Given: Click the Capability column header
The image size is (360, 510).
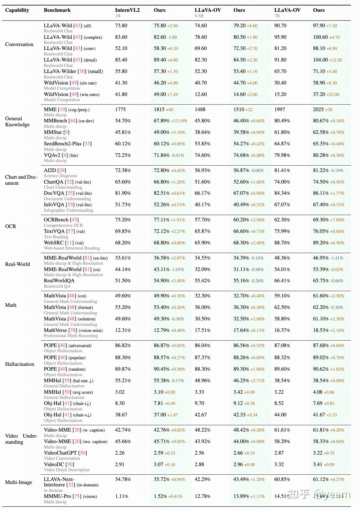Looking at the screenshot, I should pos(17,10).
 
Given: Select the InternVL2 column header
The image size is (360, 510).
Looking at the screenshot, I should pos(127,10).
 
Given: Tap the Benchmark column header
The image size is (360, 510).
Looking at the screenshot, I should pos(57,10).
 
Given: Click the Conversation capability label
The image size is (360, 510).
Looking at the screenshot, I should pos(19,44).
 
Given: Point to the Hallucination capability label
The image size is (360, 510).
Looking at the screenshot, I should pos(20,364).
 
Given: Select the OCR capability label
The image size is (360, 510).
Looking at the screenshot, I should pos(11,226).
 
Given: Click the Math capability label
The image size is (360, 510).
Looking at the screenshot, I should pos(11,305).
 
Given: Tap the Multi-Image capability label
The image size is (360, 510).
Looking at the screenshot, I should pos(18,482).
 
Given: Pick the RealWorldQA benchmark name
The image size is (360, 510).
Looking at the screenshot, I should pos(59,280).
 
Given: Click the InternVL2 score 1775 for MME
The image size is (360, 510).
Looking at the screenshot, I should pos(120,109).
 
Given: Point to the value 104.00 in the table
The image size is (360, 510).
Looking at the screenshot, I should pos(320,60).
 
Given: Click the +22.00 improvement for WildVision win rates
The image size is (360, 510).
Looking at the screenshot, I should pos(333,94).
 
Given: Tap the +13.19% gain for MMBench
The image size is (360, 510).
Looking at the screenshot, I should pos(179,121).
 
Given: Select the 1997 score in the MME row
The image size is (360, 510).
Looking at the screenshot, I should pos(279,109).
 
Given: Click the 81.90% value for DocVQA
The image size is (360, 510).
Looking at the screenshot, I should pos(123,193).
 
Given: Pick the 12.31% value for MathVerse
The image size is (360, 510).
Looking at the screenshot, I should pos(123,330).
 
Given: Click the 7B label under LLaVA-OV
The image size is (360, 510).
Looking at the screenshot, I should pos(277,16).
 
